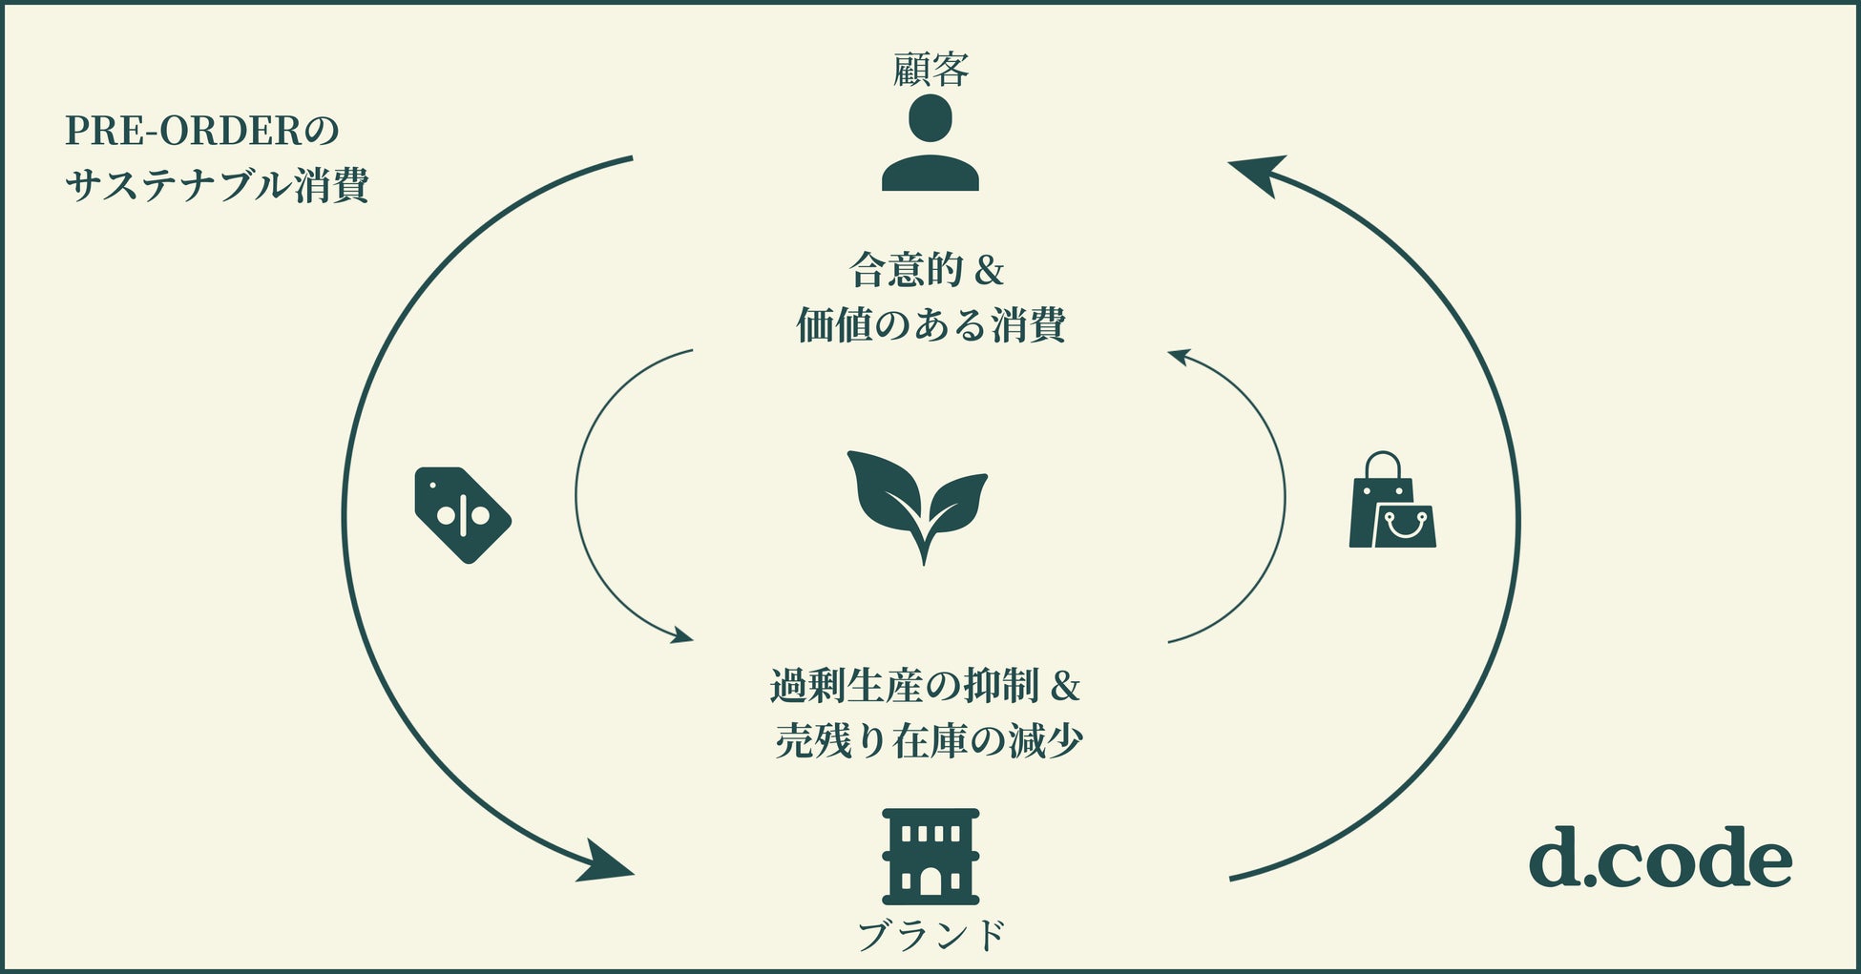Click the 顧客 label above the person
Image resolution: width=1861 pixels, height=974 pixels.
[x=930, y=70]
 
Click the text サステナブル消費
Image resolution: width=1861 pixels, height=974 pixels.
[x=218, y=185]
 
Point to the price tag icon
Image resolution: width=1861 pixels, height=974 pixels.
[x=462, y=514]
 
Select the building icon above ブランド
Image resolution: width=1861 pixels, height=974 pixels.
[x=930, y=856]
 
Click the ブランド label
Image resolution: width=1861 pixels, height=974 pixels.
[x=931, y=935]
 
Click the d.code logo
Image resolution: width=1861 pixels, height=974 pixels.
[x=1660, y=858]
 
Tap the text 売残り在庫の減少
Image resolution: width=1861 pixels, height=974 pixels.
[x=929, y=741]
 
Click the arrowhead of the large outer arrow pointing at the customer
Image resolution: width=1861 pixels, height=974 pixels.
[x=1256, y=173]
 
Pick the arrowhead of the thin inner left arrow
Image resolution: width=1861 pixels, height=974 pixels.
[x=682, y=634]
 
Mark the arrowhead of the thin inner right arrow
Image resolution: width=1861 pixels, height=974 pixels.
[x=1179, y=357]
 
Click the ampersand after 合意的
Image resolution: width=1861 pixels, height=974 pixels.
[x=990, y=272]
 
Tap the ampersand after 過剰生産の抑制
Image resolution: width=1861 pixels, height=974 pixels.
[x=1064, y=687]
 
